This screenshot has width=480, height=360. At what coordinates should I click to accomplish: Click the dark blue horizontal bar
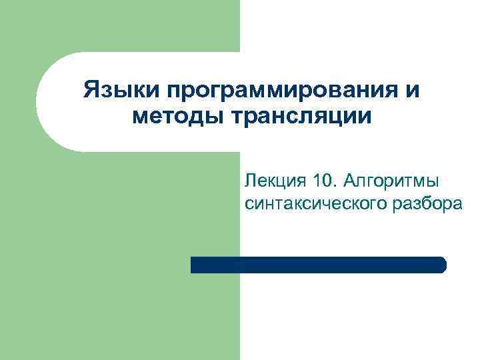click(318, 265)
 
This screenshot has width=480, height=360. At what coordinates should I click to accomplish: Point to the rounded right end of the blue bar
click(442, 265)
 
